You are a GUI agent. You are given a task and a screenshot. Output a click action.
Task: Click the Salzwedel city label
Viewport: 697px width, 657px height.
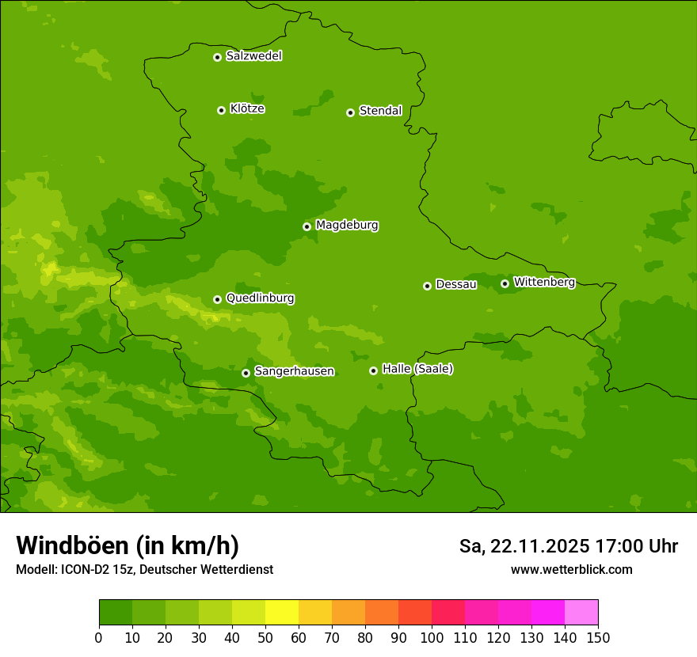click(253, 56)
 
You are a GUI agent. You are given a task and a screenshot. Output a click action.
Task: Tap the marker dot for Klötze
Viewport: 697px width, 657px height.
click(221, 110)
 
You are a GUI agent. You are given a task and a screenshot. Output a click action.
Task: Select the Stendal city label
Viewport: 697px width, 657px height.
click(380, 111)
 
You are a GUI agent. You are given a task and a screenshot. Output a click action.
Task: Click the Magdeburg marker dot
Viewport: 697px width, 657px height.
click(307, 226)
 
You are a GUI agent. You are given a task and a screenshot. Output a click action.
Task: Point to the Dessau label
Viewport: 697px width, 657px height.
click(456, 284)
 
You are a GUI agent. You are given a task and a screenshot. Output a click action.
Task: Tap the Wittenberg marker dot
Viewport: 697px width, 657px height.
click(505, 283)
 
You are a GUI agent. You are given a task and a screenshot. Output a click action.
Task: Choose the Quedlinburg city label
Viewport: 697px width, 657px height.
click(260, 298)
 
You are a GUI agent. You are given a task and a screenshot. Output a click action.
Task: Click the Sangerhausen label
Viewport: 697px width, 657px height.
click(294, 371)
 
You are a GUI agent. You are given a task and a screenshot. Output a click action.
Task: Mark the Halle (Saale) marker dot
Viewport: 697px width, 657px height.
click(373, 370)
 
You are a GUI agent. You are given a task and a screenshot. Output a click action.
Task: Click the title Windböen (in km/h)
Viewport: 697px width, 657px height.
click(128, 545)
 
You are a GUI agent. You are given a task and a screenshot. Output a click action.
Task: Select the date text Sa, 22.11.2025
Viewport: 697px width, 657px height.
click(525, 546)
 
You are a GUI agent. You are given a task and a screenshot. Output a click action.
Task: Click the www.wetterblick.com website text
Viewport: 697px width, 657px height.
click(571, 569)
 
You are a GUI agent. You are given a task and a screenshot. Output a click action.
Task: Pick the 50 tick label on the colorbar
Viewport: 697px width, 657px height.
click(265, 637)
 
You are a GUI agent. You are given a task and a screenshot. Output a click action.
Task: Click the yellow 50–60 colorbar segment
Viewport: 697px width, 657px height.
click(282, 613)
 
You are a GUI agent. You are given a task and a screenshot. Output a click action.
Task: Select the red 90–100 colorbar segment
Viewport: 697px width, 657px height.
click(415, 613)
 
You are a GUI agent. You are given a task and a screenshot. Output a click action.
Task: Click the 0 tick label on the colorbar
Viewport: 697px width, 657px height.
click(99, 637)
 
